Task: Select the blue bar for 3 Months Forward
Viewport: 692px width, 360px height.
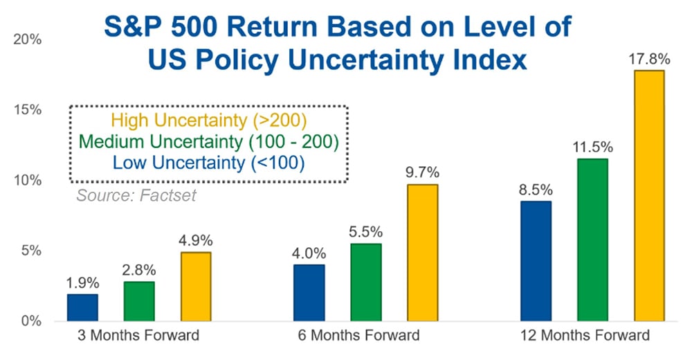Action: pos(82,307)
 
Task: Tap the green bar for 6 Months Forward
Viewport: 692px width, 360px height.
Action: pos(366,282)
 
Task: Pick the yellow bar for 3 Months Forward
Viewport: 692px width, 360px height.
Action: pos(197,287)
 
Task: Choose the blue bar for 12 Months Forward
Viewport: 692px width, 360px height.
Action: pos(536,261)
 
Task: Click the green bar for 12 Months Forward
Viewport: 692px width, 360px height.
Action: pos(592,240)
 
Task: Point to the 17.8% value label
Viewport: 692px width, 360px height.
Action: pos(649,58)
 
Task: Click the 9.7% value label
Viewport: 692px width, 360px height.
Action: pos(423,172)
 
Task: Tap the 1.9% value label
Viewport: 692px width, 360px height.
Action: pos(82,282)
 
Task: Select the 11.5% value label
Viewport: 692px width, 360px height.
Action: pos(592,147)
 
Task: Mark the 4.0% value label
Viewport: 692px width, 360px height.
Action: pos(309,252)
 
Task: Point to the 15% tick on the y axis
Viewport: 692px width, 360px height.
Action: pos(27,110)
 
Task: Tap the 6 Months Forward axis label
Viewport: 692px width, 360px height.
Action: pos(366,336)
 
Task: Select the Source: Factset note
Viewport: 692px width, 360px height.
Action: pos(136,195)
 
